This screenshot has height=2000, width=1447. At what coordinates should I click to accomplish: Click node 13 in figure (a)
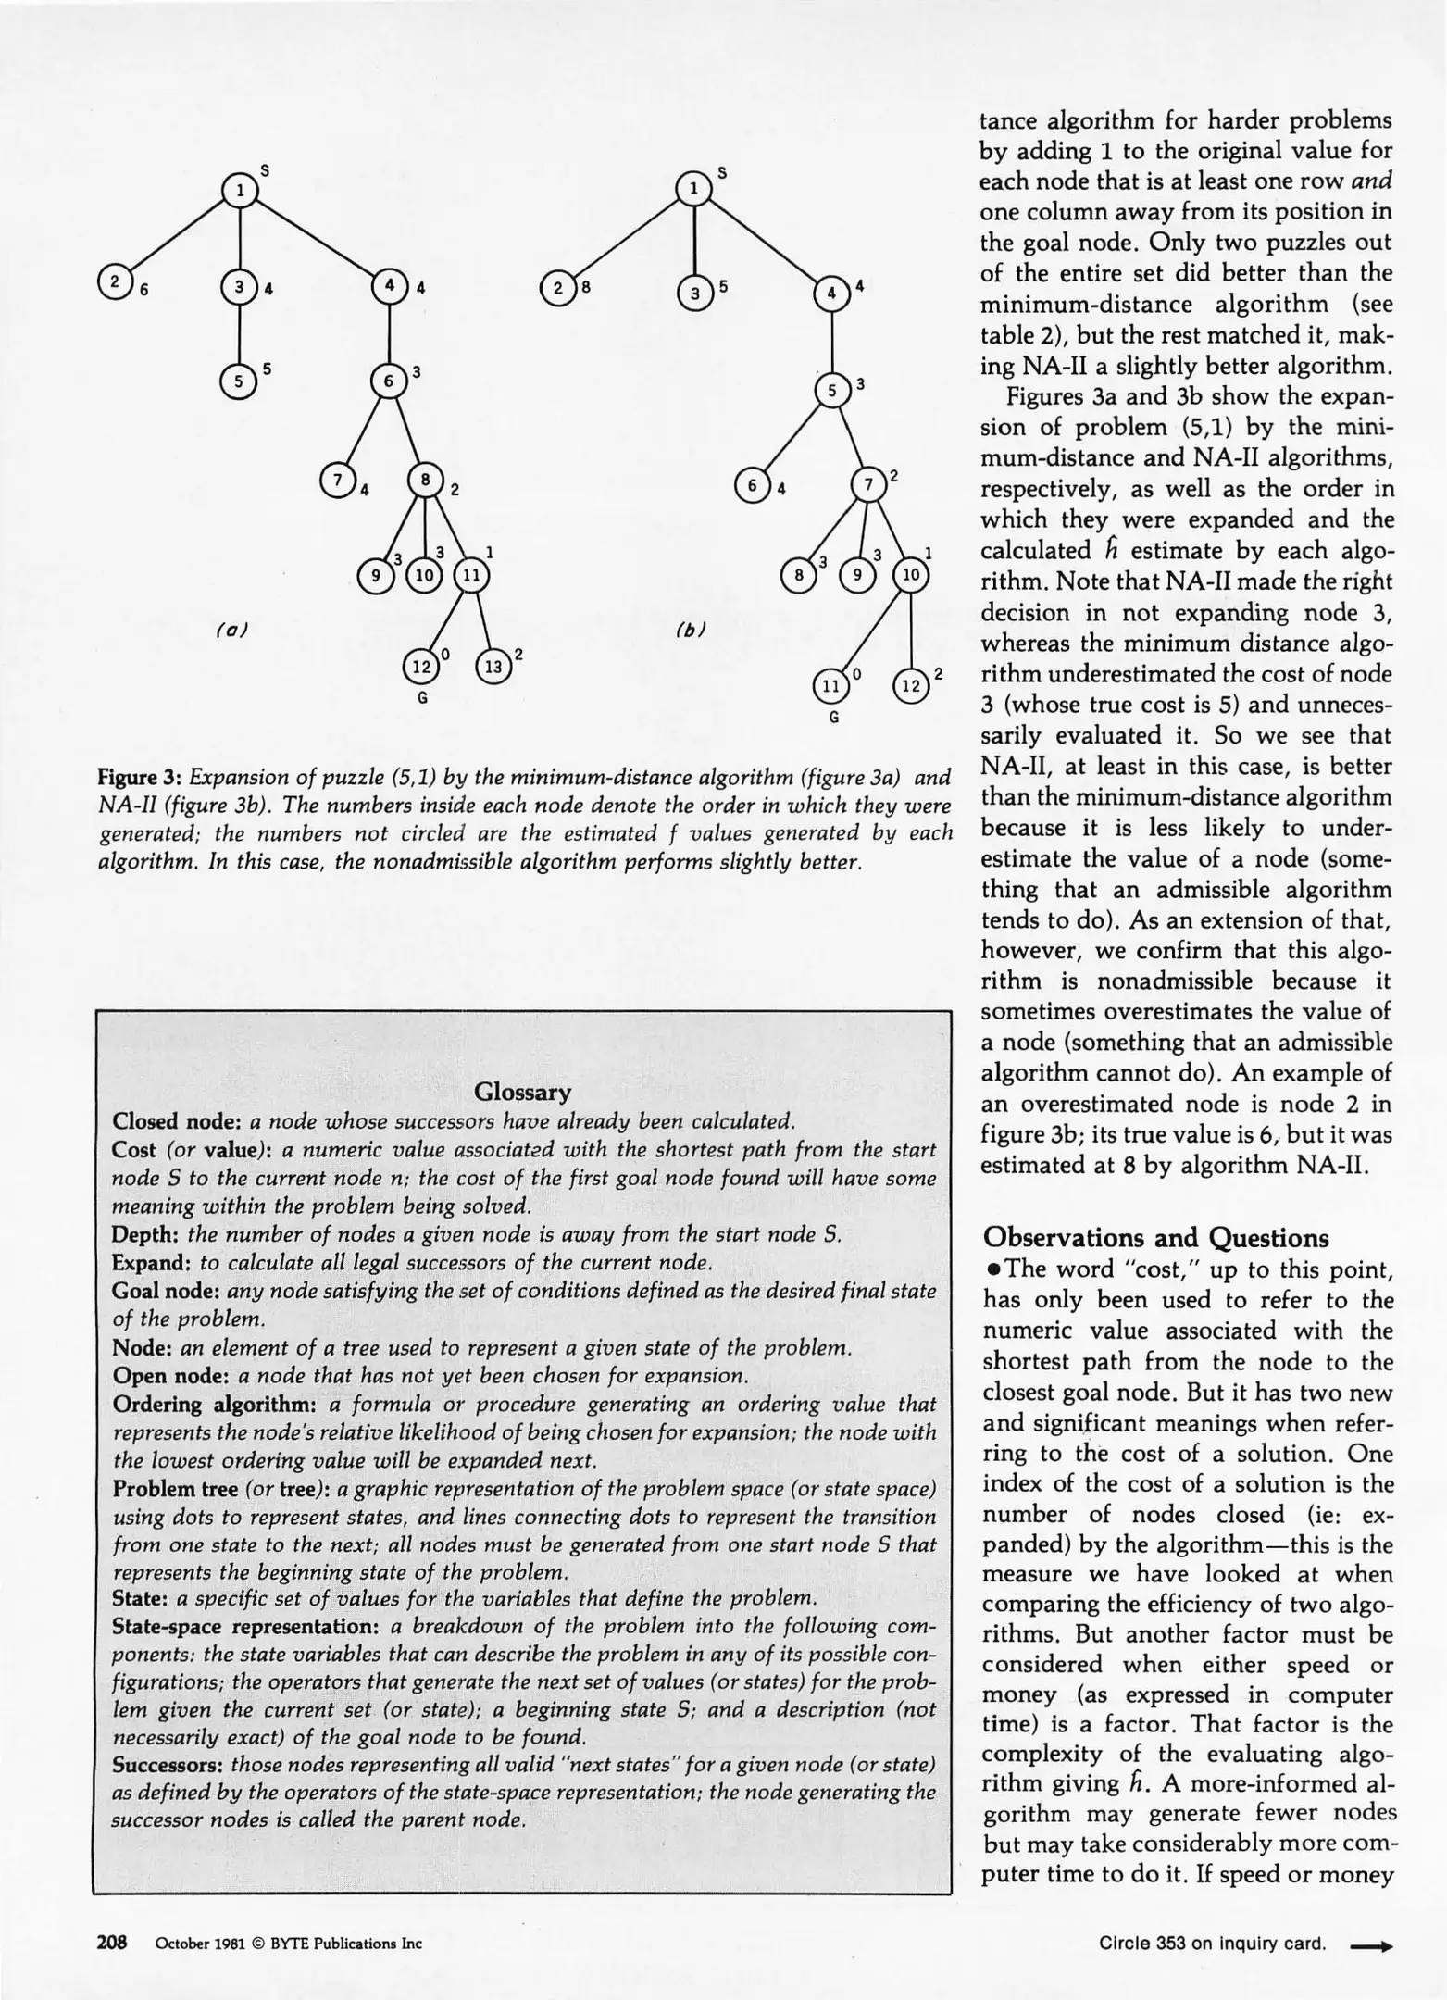point(493,667)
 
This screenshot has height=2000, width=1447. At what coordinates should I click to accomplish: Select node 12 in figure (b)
point(912,687)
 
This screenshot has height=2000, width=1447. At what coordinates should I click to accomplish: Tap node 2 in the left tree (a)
point(115,281)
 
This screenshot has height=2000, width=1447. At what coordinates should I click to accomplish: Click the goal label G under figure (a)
point(422,698)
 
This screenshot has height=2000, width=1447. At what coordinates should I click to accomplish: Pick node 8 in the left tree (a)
point(425,481)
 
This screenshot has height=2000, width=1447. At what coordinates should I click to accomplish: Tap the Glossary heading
point(522,1093)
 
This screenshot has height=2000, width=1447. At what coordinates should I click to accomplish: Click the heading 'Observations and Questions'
point(1155,1238)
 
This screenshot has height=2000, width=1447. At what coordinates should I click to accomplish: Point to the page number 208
point(112,1942)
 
